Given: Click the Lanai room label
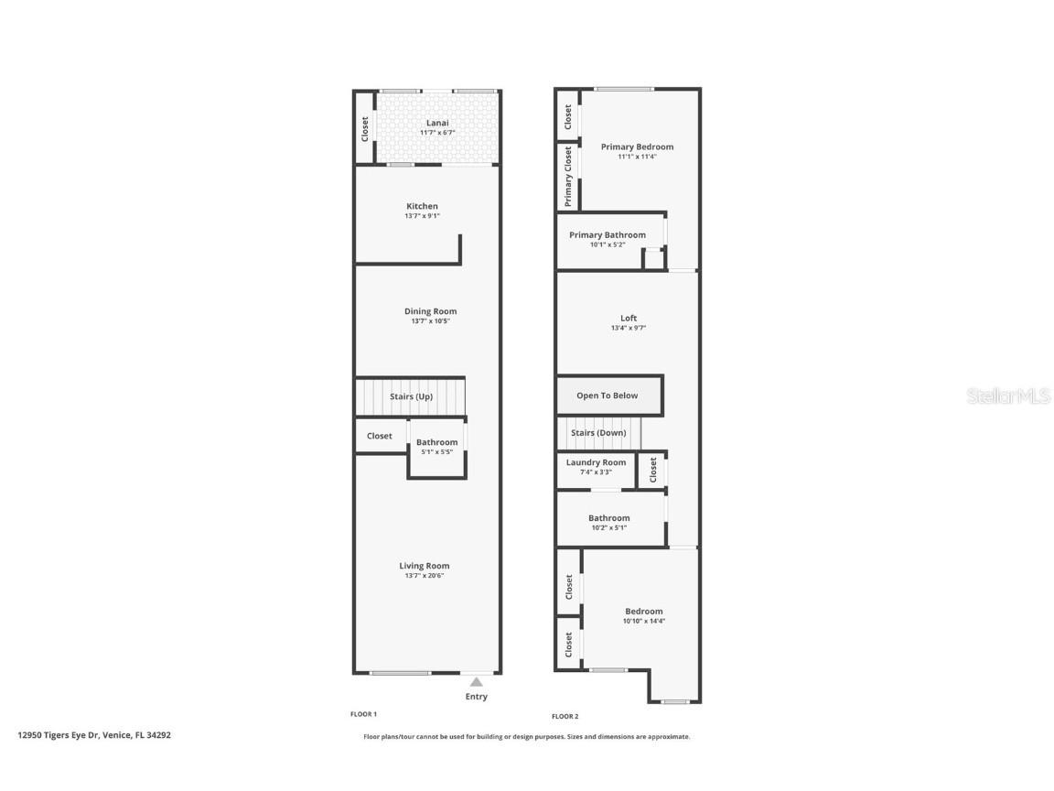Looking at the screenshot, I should pos(437,123).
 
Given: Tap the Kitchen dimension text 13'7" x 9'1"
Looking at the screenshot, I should pos(422,216).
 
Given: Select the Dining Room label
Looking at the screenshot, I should pos(430,311).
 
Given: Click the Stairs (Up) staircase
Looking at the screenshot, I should pos(411,396).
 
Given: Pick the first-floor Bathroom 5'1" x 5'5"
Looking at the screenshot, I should pos(436,447).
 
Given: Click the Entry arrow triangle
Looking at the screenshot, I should pos(476,682).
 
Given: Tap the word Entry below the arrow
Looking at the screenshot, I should pos(476,697).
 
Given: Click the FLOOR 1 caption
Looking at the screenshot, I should pos(363,714).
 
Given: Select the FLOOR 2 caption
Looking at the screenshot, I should pos(565,716).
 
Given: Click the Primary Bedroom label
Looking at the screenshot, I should pos(637,146).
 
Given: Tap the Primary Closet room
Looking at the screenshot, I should pos(567,177).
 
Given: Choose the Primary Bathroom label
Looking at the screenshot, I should pos(607,235).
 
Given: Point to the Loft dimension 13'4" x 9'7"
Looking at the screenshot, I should pos(628,328).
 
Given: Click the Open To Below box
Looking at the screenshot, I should pos(608,395).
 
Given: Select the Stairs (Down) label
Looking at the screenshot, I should pos(598,433).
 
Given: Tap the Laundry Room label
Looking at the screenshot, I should pos(596,462).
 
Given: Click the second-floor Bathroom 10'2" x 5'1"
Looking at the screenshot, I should pos(608,522).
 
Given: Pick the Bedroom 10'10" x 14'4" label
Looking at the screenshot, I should pos(643,612).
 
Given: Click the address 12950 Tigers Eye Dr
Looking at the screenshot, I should pos(94,734).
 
